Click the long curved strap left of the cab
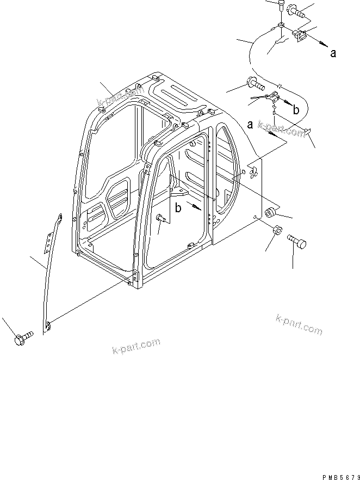click(x=47, y=272)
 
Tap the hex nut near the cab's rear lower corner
click(x=275, y=231)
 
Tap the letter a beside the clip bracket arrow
click(x=333, y=53)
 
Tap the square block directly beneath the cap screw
click(x=281, y=26)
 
